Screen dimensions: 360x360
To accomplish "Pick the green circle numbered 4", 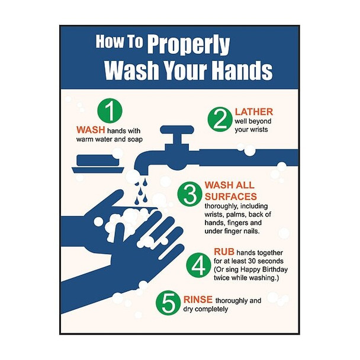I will [x=196, y=265].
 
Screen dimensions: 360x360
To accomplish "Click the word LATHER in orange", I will [x=253, y=111].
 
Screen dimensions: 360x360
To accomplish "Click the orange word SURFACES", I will [x=230, y=196].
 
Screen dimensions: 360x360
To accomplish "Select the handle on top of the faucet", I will [x=175, y=128].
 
